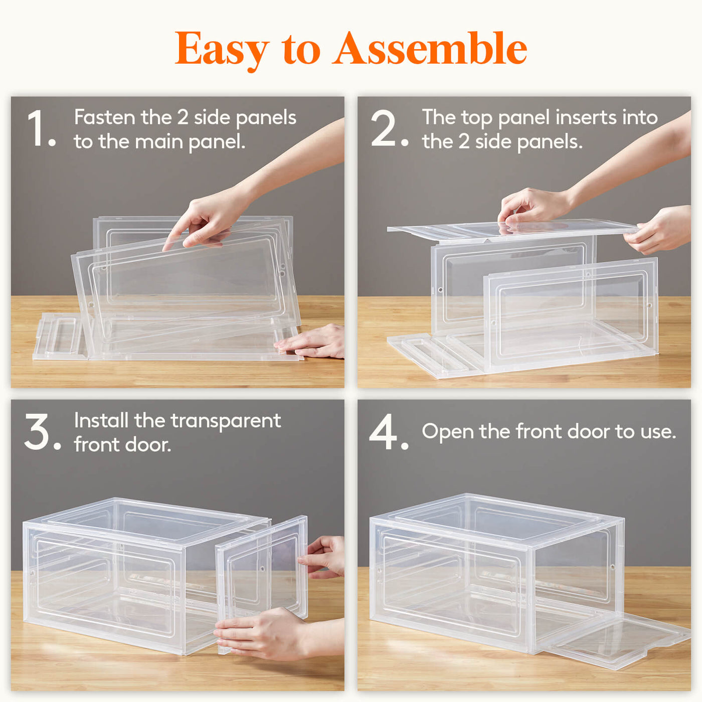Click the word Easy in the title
point(222,51)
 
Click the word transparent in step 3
point(226,422)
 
